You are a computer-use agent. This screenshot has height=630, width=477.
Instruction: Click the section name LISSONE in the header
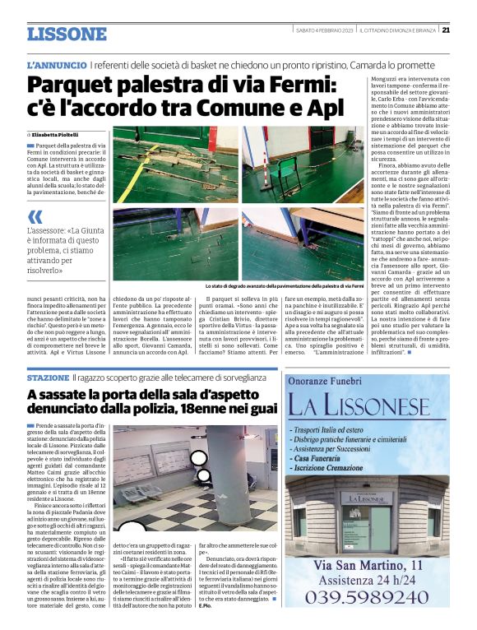pos(67,34)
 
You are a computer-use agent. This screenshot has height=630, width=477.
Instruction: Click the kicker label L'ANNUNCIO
pos(56,64)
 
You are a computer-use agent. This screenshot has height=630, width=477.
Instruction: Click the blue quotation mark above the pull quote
pos(34,215)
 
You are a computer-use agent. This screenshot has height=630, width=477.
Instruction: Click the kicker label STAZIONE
pos(47,377)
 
